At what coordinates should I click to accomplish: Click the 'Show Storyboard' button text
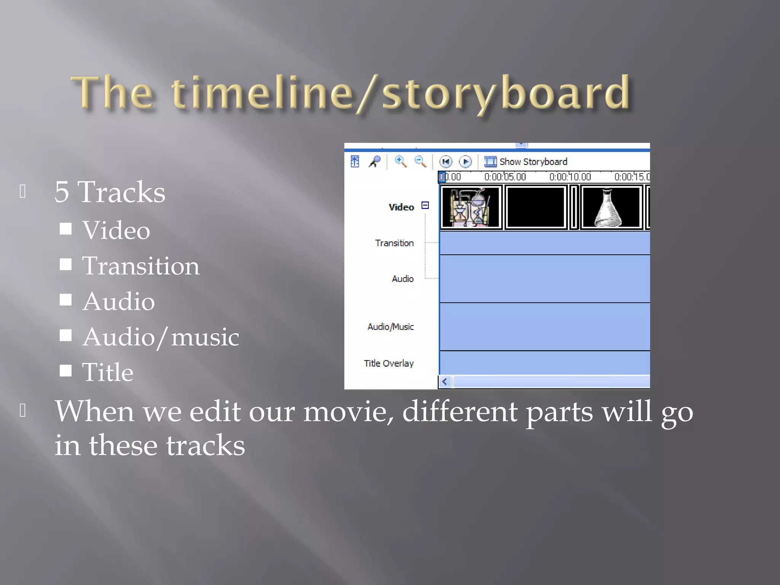point(533,162)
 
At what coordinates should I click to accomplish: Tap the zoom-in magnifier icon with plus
point(400,161)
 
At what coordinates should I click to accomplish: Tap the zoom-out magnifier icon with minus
point(420,161)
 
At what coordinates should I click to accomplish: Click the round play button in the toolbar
point(465,162)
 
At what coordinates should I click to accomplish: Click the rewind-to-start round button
point(446,162)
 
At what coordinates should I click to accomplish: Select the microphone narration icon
point(375,161)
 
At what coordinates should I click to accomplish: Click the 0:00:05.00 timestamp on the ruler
point(505,177)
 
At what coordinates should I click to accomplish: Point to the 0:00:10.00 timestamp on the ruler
point(570,177)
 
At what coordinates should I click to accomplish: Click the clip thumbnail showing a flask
point(611,208)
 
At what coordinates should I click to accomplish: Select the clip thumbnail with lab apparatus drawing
point(471,208)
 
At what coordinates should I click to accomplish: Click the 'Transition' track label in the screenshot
point(394,243)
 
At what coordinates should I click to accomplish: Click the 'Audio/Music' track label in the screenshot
point(390,327)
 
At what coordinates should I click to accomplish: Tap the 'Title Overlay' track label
point(388,363)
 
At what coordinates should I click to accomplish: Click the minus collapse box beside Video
point(425,205)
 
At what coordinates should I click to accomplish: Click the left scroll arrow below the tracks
point(445,382)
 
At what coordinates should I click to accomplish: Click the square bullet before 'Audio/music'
point(66,336)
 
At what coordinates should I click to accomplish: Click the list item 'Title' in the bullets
point(108,372)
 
